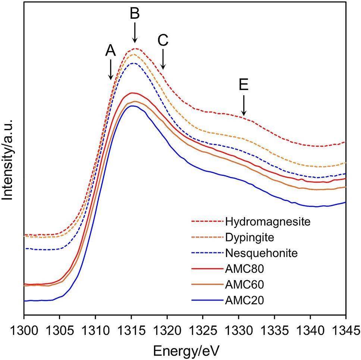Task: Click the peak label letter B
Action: tap(135, 13)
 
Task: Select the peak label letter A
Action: tap(110, 50)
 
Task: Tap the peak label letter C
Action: tap(163, 40)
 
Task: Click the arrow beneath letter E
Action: tap(244, 105)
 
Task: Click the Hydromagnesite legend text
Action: tap(268, 222)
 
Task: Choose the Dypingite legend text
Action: tap(249, 238)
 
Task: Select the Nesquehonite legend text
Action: tap(261, 253)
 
